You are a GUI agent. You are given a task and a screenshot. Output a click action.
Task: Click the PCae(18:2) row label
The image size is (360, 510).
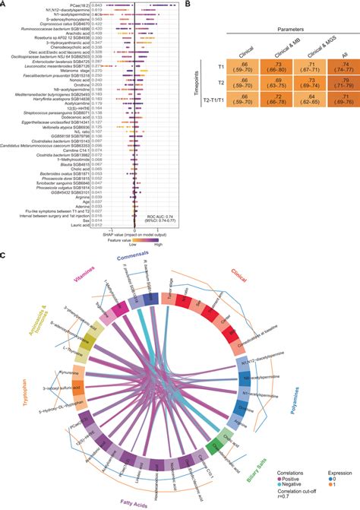78,6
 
